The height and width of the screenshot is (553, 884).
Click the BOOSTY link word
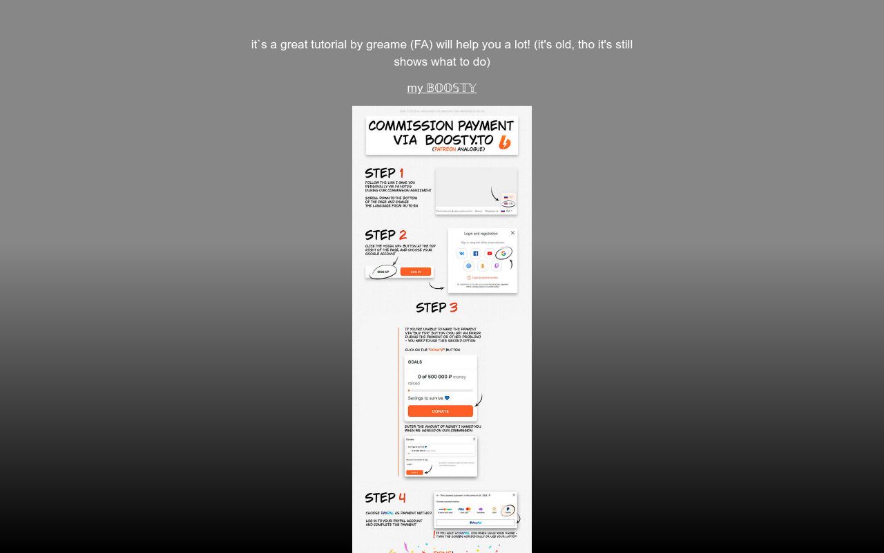[x=452, y=88]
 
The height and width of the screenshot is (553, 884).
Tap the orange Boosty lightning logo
[x=505, y=142]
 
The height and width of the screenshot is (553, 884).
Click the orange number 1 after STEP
[x=401, y=173]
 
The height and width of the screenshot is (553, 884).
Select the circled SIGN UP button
[x=383, y=272]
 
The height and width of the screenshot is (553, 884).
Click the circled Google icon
[x=503, y=254]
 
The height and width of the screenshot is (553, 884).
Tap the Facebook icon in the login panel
[x=475, y=254]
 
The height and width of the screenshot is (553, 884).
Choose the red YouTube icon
[x=490, y=254]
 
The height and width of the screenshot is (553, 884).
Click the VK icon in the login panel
[x=461, y=254]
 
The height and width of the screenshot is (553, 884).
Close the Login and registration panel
[x=512, y=233]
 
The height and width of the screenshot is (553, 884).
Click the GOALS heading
[x=414, y=362]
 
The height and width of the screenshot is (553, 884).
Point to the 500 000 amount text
[x=436, y=377]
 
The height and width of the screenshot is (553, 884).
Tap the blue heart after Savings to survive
[x=448, y=398]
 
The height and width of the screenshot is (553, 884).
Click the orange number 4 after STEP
[x=402, y=498]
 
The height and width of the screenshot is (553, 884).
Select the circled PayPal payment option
[x=508, y=510]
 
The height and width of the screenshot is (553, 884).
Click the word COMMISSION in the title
[x=412, y=126]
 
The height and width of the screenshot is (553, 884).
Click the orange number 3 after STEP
[x=453, y=308]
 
